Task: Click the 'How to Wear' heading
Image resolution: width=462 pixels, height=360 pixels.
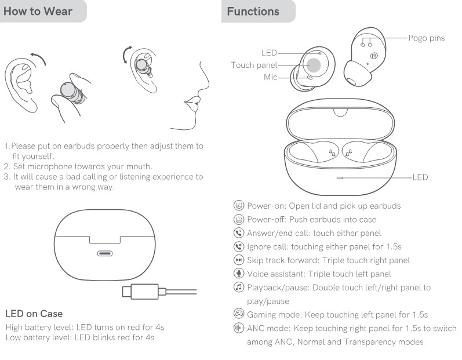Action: (x=38, y=12)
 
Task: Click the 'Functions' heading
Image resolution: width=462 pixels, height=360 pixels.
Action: (x=253, y=12)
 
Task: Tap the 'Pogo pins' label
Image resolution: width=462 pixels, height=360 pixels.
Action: (x=426, y=38)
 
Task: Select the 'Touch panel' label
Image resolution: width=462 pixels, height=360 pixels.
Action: (x=254, y=65)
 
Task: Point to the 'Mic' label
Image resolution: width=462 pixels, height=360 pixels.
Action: (x=270, y=77)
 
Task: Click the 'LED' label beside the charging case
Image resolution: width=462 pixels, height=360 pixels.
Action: (x=420, y=177)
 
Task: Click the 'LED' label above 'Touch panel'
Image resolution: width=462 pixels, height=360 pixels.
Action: (x=269, y=53)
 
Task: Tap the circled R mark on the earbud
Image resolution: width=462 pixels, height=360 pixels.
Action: (x=374, y=56)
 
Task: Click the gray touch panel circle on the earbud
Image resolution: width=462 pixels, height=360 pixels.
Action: (x=314, y=65)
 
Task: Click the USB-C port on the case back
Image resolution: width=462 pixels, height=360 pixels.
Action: (x=106, y=253)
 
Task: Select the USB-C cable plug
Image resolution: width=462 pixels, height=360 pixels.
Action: (x=136, y=290)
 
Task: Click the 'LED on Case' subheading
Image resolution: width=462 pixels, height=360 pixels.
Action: (x=34, y=314)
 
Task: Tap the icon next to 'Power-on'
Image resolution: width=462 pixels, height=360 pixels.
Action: (x=238, y=206)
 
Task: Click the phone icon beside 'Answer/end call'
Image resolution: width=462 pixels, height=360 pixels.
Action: (x=238, y=233)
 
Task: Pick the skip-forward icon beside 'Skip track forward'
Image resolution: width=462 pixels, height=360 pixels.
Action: (x=238, y=260)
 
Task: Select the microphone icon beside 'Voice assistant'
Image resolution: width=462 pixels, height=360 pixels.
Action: (x=238, y=274)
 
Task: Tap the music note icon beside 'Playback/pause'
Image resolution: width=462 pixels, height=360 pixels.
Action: (x=238, y=288)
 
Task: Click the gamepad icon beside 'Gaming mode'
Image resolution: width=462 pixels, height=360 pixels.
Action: (x=238, y=315)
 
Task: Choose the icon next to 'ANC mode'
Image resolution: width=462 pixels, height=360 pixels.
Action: (x=238, y=329)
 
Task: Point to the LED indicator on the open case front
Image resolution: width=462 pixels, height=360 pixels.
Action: (x=340, y=177)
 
